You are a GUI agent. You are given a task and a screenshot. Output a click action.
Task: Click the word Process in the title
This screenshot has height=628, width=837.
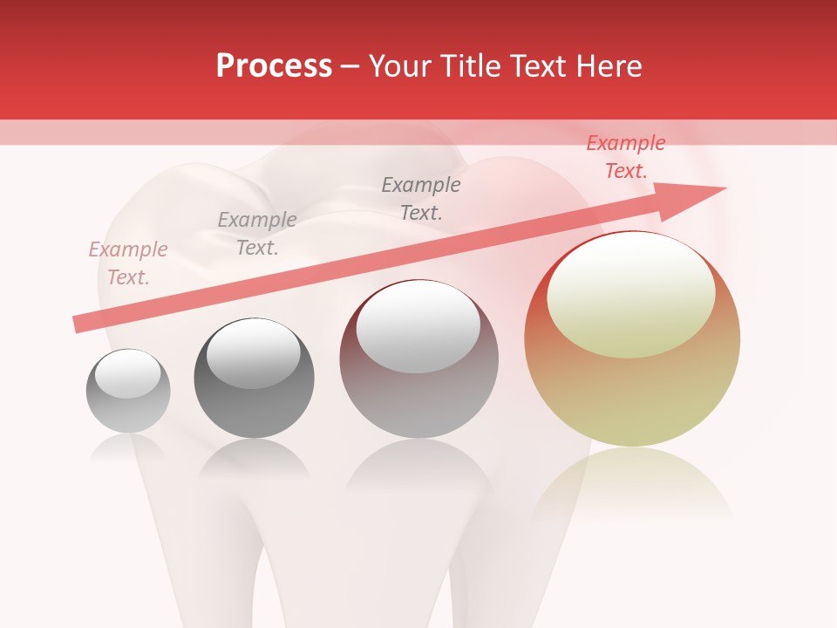tap(274, 66)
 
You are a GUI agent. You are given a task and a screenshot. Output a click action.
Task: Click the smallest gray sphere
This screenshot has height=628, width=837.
tap(128, 391)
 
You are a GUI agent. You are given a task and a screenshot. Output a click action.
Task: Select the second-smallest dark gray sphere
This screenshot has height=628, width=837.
tap(254, 378)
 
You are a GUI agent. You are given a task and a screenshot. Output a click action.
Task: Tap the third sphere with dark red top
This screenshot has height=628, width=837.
tap(418, 358)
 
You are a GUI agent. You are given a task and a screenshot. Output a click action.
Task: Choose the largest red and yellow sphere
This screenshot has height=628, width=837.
tap(632, 338)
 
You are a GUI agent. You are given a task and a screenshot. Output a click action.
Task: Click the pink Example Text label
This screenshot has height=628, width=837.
tap(128, 263)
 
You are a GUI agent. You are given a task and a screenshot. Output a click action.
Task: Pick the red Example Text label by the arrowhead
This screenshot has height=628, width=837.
tap(626, 157)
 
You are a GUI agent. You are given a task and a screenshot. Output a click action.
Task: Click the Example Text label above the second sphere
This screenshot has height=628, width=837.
tap(257, 234)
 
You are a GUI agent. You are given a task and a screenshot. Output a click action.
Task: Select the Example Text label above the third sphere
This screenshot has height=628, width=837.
tap(421, 198)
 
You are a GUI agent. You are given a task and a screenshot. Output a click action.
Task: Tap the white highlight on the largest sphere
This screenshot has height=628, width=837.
tap(630, 295)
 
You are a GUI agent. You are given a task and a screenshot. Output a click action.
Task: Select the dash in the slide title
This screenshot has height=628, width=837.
tap(350, 66)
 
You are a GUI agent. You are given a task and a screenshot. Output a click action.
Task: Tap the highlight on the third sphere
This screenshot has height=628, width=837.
tap(418, 327)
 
